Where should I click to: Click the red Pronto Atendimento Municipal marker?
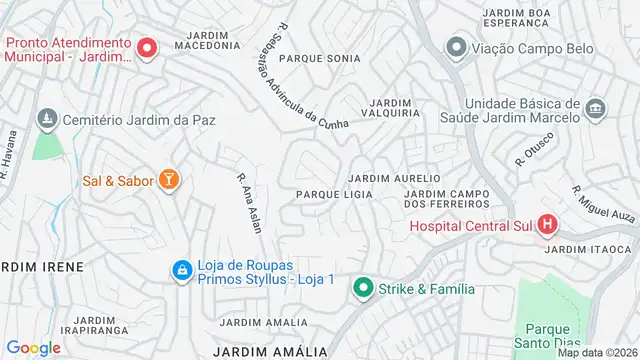[147, 47]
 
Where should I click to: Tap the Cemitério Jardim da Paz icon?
[45, 119]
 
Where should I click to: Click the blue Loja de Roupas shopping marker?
[182, 270]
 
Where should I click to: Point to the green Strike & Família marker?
[362, 289]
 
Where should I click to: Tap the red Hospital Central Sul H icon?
[548, 225]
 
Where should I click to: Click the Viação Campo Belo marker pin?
[457, 47]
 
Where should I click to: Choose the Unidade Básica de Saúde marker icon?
[596, 108]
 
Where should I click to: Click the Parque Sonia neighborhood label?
[319, 59]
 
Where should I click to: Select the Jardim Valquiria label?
[394, 108]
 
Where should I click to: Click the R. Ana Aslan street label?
[248, 203]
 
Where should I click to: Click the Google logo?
[34, 347]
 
